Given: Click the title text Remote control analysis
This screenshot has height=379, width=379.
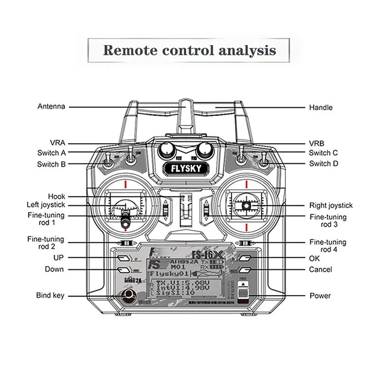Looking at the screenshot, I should [x=189, y=50].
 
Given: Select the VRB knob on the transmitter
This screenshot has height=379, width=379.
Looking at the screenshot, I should [x=205, y=149].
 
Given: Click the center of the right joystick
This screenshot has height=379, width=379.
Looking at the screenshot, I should [x=246, y=206].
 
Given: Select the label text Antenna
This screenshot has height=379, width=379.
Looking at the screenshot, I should [x=51, y=107].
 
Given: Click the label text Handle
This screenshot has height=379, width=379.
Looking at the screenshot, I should [x=321, y=108].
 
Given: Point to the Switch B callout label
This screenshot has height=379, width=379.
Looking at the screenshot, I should [x=52, y=164].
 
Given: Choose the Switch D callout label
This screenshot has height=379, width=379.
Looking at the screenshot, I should [x=323, y=164].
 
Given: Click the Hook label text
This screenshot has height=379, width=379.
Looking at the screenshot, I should [x=57, y=196].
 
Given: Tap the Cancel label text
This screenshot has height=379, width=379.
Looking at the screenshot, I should [x=320, y=270].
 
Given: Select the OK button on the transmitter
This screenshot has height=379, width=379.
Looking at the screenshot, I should [x=244, y=259].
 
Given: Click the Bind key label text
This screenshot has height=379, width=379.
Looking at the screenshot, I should [x=50, y=296].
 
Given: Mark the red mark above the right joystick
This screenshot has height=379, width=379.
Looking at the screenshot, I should [x=246, y=184].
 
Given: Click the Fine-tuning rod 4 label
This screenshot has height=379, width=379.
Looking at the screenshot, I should [x=327, y=245].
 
